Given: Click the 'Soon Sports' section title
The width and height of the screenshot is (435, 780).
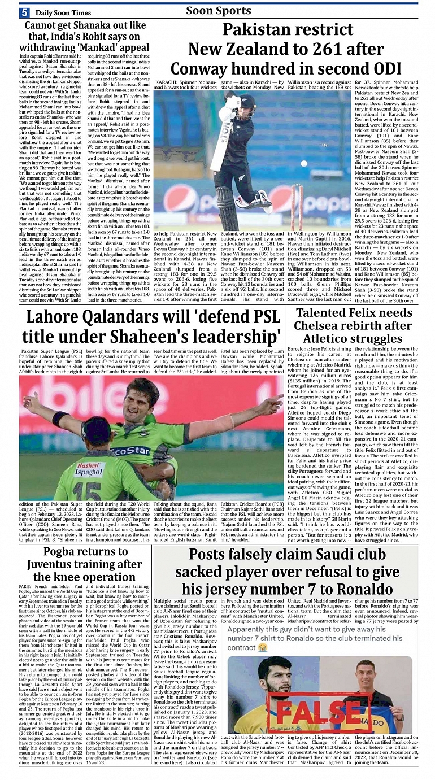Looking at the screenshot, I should (x=218, y=11).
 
